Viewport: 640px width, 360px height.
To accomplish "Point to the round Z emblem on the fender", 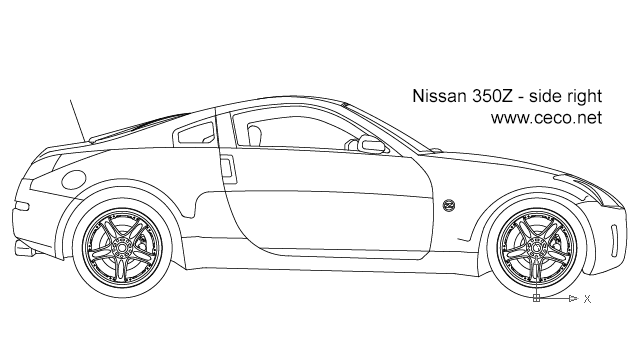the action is pos(448,206).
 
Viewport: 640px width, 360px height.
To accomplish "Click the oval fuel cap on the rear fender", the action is pos(73,180).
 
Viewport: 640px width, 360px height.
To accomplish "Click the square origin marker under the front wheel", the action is pos(536,298).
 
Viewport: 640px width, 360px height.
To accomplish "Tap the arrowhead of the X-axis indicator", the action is pos(572,298).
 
